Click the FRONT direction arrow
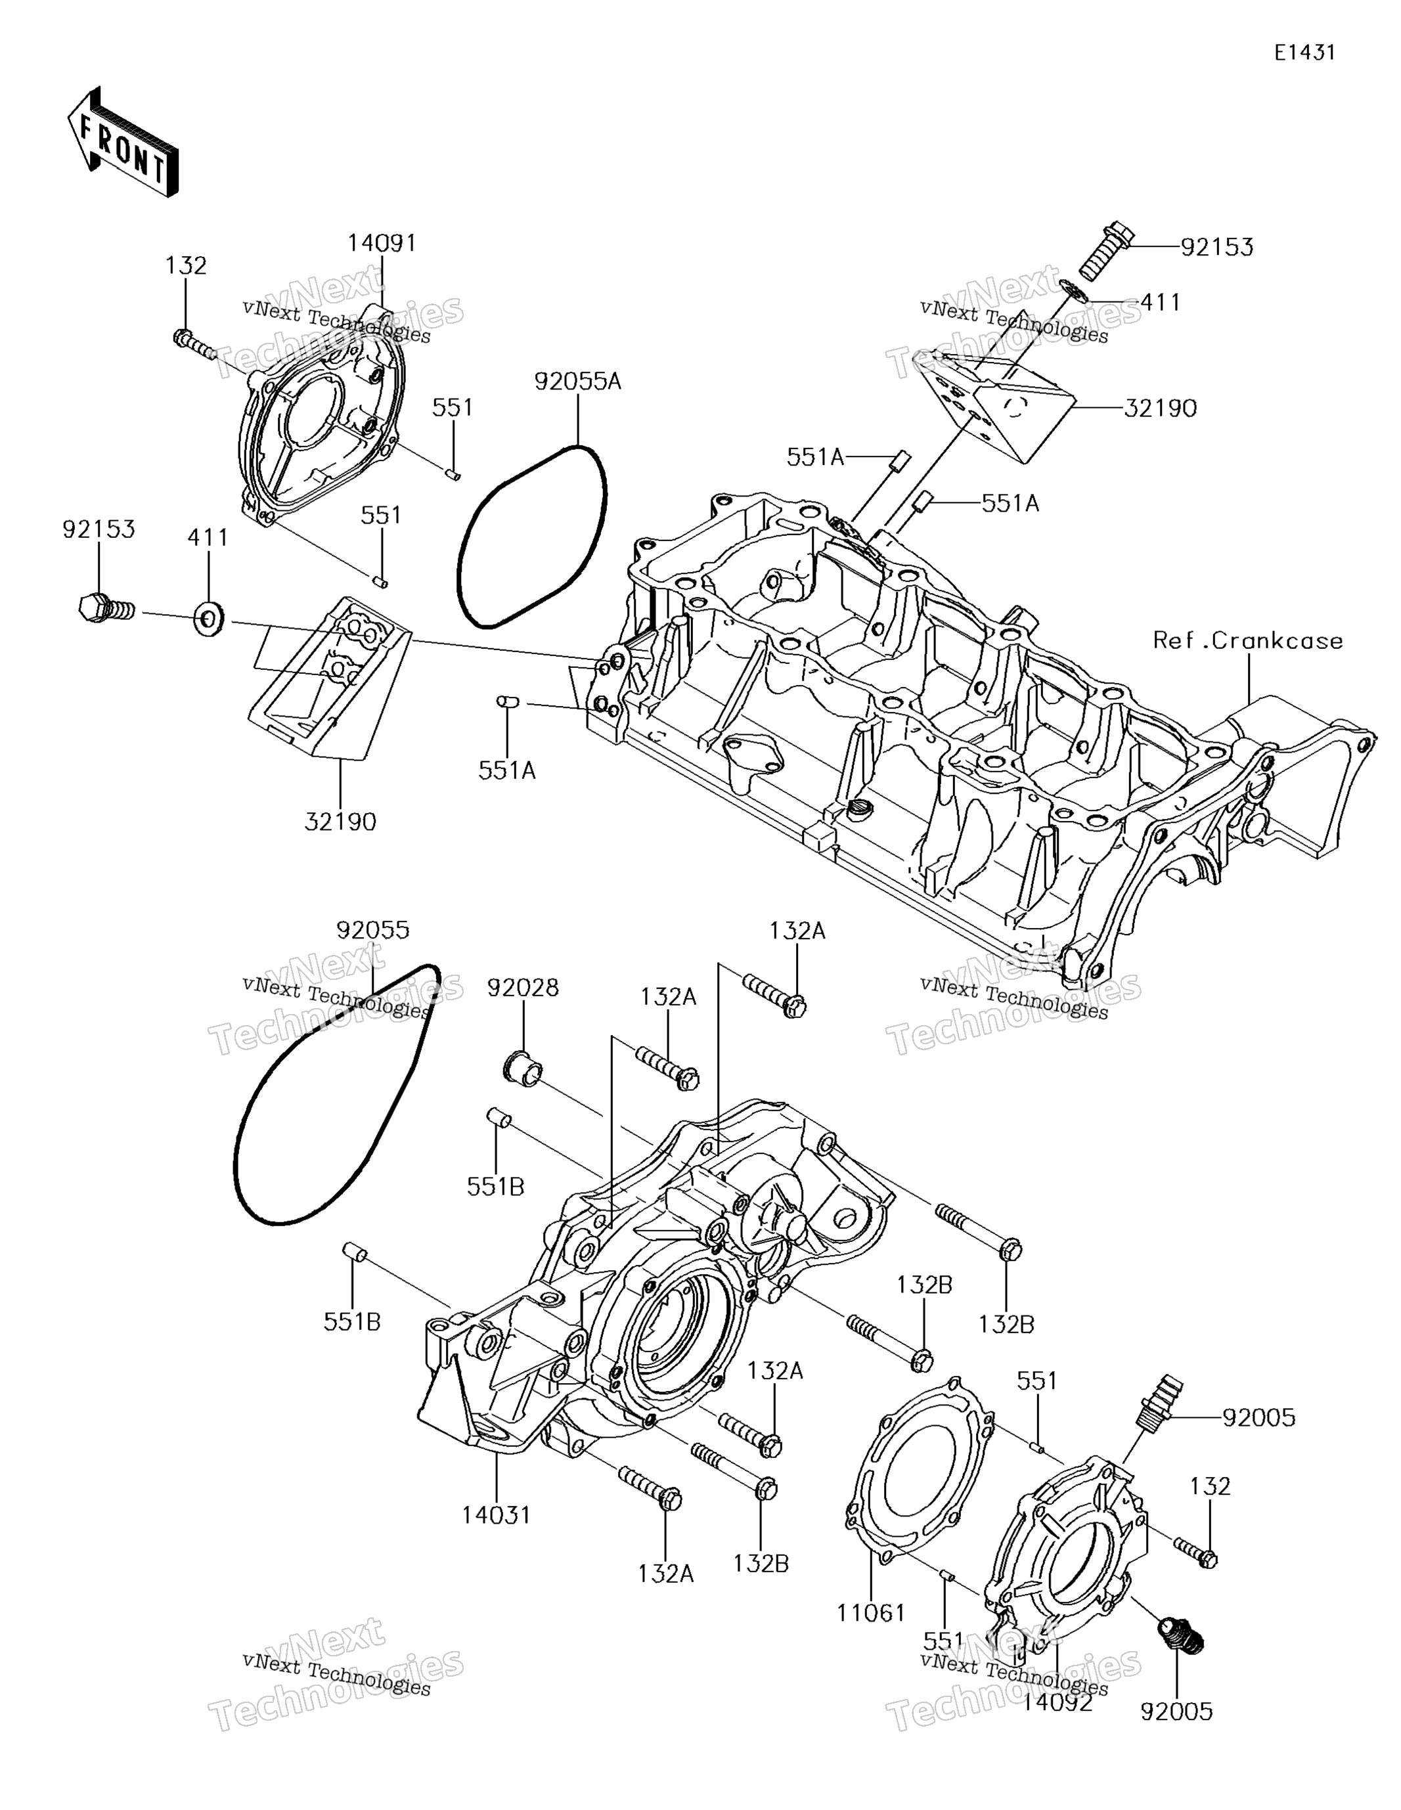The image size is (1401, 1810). [122, 142]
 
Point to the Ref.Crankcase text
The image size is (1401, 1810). [1248, 640]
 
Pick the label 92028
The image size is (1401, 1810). [522, 988]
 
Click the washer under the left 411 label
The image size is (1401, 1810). [208, 618]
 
